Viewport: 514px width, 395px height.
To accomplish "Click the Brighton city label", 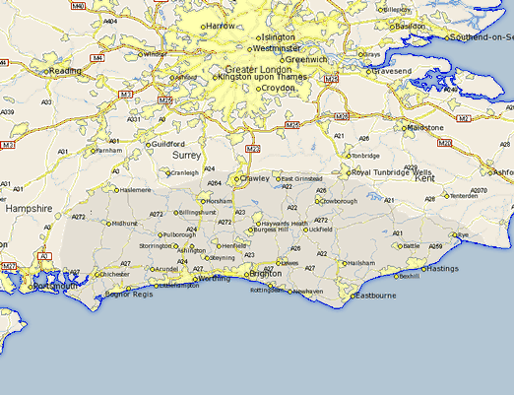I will pos(265,274).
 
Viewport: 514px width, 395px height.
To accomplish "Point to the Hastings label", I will pos(443,268).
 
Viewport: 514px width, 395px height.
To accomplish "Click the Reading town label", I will pos(65,71).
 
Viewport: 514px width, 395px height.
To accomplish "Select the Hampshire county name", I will pos(28,209).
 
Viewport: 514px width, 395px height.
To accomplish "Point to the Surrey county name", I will pos(186,156).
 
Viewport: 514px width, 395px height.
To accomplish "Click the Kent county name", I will pos(424,179).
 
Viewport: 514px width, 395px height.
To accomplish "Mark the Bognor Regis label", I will pos(130,295).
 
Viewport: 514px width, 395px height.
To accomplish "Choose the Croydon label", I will pos(279,88).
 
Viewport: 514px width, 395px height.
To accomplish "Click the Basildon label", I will pos(410,27).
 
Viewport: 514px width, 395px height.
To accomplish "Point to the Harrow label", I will pos(221,26).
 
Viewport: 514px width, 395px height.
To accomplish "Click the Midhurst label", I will pos(125,224).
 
